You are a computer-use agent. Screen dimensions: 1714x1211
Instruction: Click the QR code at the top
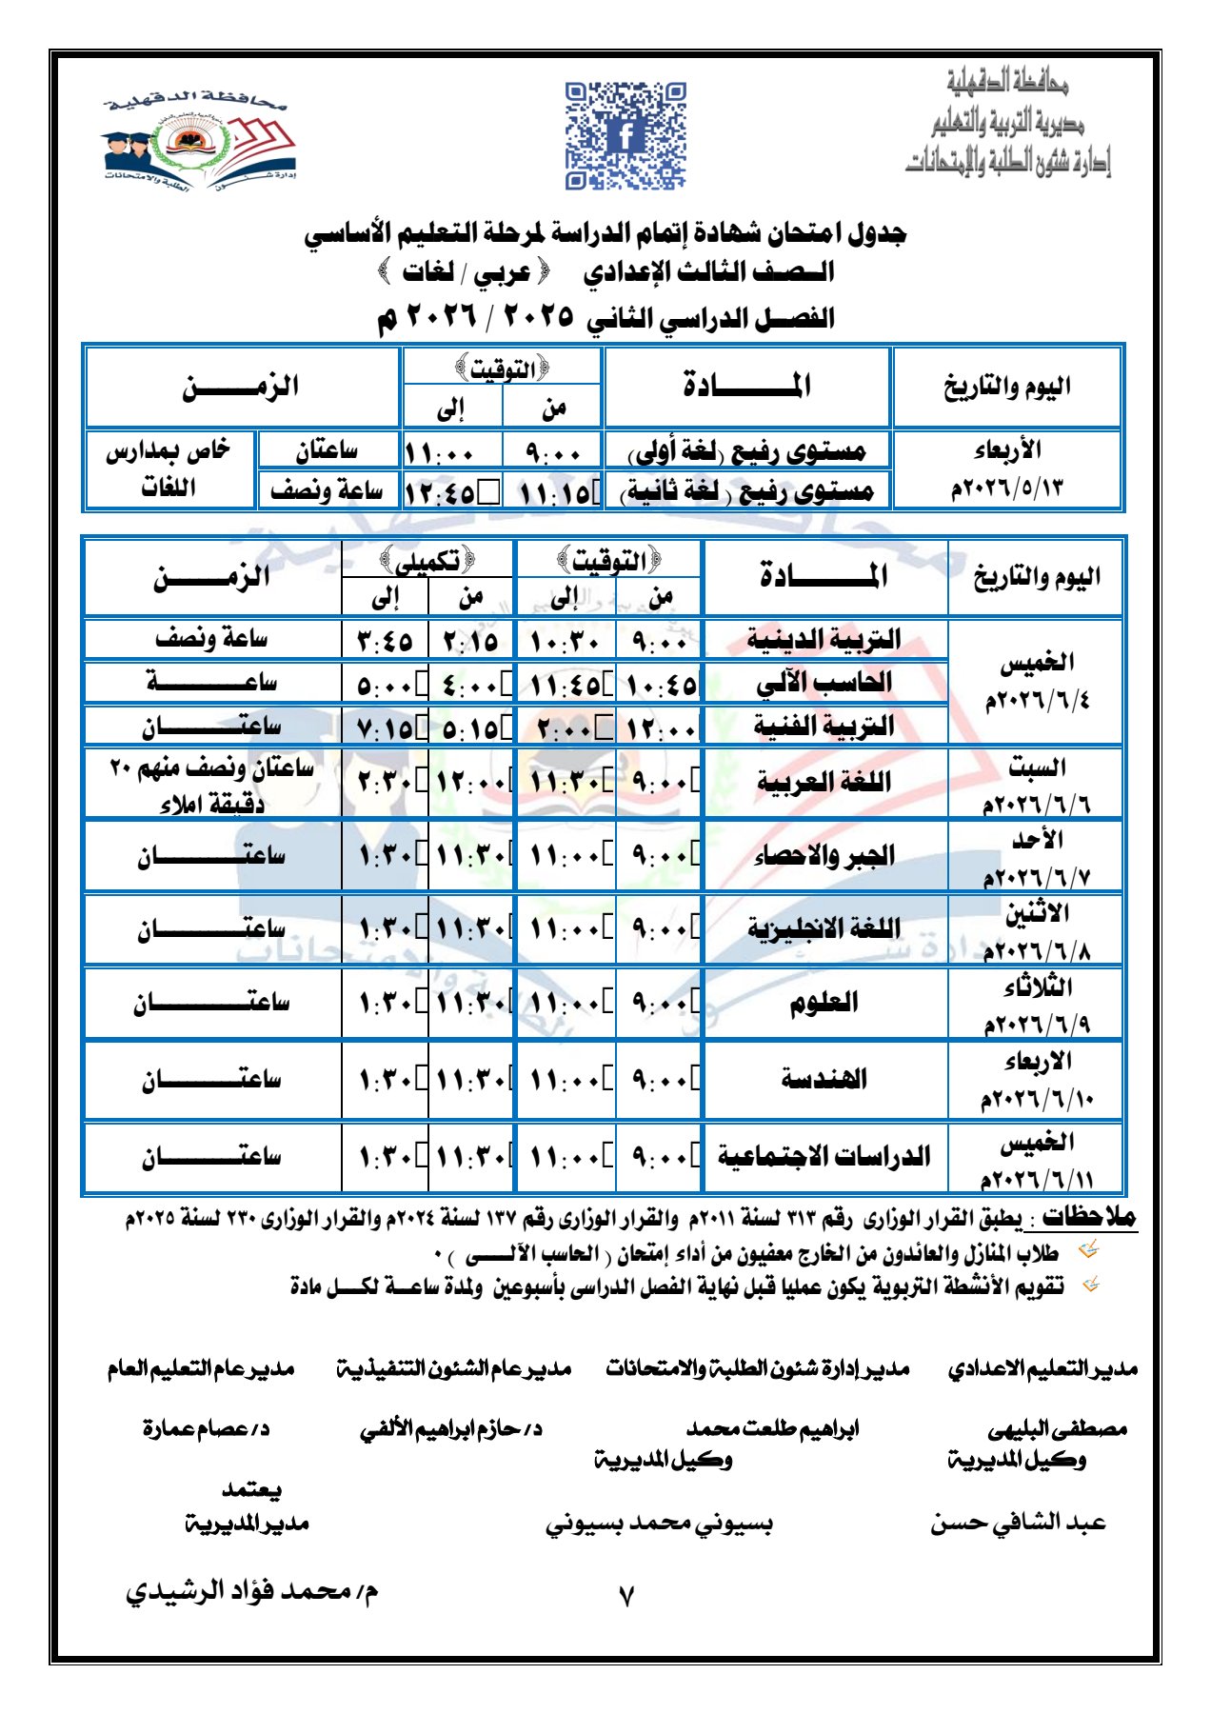pyautogui.click(x=625, y=134)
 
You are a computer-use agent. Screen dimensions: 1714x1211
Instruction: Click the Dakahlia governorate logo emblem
pyautogui.click(x=199, y=142)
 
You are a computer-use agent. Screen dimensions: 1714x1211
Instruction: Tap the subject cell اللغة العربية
pyautogui.click(x=824, y=783)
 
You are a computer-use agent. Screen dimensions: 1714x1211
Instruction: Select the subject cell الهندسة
pyautogui.click(x=824, y=1079)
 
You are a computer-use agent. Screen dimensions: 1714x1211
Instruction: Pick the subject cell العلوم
pyautogui.click(x=824, y=1003)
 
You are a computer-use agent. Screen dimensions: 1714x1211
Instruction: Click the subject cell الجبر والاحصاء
pyautogui.click(x=824, y=855)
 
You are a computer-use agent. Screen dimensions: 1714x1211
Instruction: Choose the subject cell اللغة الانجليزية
pyautogui.click(x=824, y=928)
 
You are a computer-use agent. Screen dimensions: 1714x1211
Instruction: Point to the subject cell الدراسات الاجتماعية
pyautogui.click(x=824, y=1157)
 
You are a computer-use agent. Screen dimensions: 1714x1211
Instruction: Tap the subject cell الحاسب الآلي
pyautogui.click(x=824, y=682)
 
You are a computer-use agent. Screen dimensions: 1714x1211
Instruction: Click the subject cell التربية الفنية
pyautogui.click(x=824, y=726)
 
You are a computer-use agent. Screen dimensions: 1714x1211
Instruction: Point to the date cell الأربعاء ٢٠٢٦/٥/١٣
pyautogui.click(x=1007, y=469)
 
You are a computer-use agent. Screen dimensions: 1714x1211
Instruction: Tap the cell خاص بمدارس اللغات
pyautogui.click(x=169, y=469)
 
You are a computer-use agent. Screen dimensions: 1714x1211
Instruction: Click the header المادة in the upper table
pyautogui.click(x=747, y=386)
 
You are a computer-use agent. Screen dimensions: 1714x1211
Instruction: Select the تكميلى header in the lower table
pyautogui.click(x=427, y=560)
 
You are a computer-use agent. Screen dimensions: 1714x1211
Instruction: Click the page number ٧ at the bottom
pyautogui.click(x=625, y=1596)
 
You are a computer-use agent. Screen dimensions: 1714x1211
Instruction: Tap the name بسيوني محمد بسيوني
pyautogui.click(x=659, y=1525)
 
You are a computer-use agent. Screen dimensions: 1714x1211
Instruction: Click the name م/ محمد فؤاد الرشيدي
pyautogui.click(x=252, y=1591)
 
